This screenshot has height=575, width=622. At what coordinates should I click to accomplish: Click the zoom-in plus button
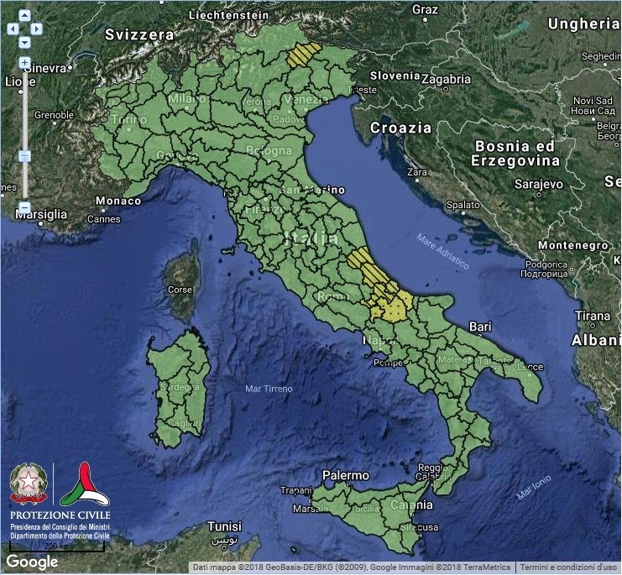(x=24, y=62)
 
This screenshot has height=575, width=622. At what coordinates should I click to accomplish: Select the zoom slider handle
(x=24, y=155)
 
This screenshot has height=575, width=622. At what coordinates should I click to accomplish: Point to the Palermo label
(x=346, y=475)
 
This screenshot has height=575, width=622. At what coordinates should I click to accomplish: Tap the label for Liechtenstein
(x=229, y=15)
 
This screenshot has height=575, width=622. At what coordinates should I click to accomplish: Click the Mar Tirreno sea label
(x=269, y=389)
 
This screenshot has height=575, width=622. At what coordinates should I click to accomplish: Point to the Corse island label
(x=180, y=290)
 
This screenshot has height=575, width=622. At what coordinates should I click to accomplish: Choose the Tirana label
(x=593, y=316)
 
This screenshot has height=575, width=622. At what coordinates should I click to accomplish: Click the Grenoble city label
(x=54, y=115)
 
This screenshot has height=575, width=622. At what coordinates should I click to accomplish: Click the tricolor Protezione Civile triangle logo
(x=84, y=484)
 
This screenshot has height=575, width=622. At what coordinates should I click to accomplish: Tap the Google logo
(x=32, y=562)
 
